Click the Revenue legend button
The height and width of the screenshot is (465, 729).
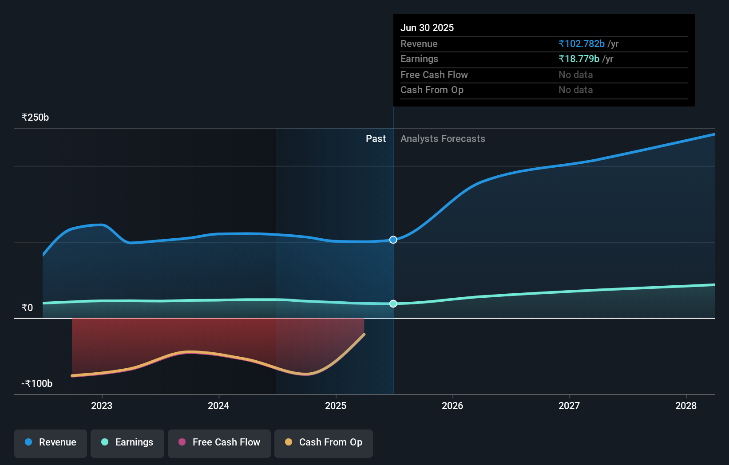(x=51, y=442)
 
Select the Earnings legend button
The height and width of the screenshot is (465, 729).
(x=127, y=442)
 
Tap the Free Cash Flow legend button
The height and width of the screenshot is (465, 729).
(x=219, y=442)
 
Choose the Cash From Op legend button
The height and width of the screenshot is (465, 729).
(x=324, y=442)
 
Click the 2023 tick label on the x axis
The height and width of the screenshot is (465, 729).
(x=102, y=406)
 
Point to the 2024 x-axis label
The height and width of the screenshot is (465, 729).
(x=218, y=406)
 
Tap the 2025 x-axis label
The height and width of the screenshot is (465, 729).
(x=336, y=406)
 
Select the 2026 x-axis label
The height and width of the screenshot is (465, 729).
(x=452, y=406)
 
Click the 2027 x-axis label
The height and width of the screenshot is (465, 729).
(x=569, y=406)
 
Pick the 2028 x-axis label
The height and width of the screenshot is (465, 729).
(x=686, y=406)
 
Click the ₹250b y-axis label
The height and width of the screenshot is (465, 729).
(x=35, y=118)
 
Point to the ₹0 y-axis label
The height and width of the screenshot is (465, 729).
(x=27, y=307)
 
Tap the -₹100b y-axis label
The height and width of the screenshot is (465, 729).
(x=37, y=383)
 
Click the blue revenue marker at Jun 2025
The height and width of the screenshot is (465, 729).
(x=393, y=240)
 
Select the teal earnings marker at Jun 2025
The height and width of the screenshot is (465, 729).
(x=393, y=303)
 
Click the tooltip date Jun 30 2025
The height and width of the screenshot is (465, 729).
(x=427, y=28)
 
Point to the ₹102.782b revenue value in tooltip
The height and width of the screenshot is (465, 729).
(x=582, y=43)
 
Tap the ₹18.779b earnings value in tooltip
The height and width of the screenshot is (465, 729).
(x=579, y=59)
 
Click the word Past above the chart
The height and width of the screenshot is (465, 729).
(x=376, y=139)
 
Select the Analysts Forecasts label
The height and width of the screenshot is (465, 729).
(x=443, y=139)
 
